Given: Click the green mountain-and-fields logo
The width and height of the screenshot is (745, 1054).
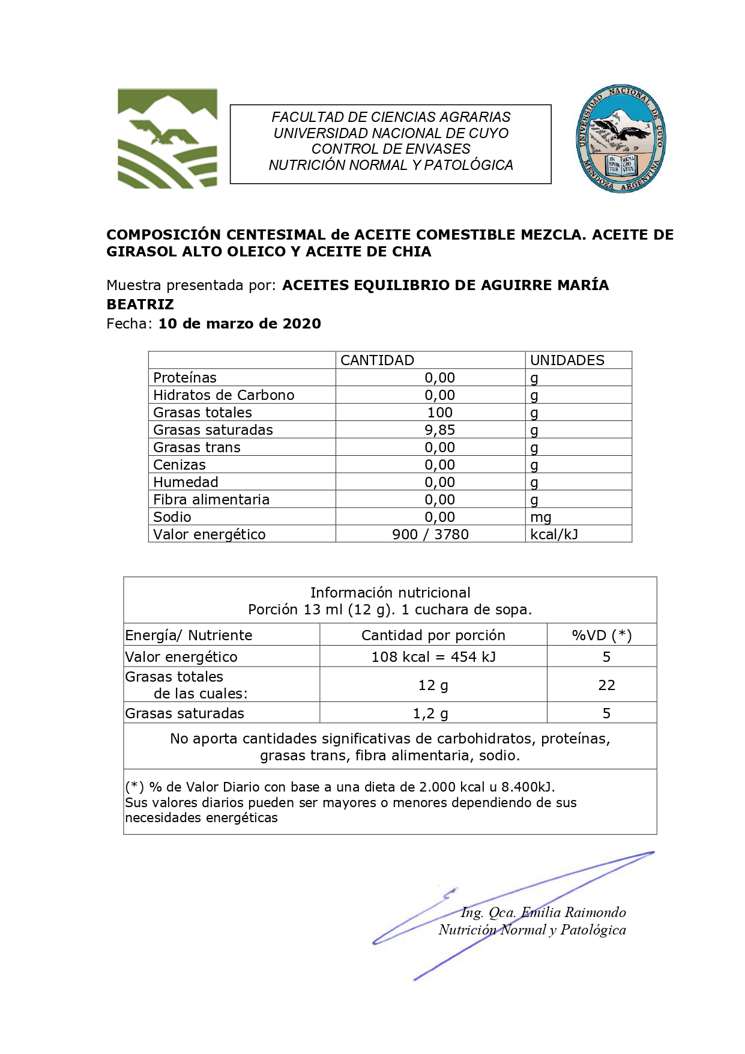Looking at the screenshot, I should pyautogui.click(x=167, y=139).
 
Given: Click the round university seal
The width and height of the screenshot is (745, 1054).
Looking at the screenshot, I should pyautogui.click(x=620, y=139).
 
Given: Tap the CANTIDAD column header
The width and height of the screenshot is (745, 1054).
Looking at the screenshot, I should pyautogui.click(x=377, y=360).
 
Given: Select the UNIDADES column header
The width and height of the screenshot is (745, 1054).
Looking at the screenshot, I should pyautogui.click(x=567, y=360).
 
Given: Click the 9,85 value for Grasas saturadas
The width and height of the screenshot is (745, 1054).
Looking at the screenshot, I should pyautogui.click(x=439, y=430).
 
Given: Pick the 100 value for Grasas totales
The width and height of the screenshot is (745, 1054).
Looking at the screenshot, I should pyautogui.click(x=439, y=413).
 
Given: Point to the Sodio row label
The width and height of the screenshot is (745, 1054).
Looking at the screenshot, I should pyautogui.click(x=172, y=517).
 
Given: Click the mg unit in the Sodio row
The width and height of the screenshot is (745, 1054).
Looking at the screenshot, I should pyautogui.click(x=540, y=517).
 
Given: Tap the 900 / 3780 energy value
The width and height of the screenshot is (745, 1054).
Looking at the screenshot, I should pyautogui.click(x=430, y=535).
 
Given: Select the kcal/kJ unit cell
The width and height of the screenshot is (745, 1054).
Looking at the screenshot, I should pyautogui.click(x=553, y=535).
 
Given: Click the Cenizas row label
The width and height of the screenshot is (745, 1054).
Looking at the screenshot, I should pyautogui.click(x=179, y=465).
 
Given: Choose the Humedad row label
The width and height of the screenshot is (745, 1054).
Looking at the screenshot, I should pyautogui.click(x=185, y=482).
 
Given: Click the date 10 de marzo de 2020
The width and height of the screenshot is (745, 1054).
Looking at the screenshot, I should pyautogui.click(x=240, y=324).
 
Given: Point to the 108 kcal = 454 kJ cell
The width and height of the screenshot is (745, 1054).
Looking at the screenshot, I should pyautogui.click(x=433, y=657).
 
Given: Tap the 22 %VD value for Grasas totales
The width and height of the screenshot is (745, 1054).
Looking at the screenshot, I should pyautogui.click(x=606, y=685).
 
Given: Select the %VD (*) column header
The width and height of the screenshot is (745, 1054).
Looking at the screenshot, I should pyautogui.click(x=602, y=635).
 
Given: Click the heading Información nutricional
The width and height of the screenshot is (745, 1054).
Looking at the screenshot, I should pyautogui.click(x=390, y=593).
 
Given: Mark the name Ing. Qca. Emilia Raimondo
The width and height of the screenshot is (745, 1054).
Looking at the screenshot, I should pyautogui.click(x=543, y=913).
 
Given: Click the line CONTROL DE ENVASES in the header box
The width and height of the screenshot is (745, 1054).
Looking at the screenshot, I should pyautogui.click(x=391, y=149).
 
